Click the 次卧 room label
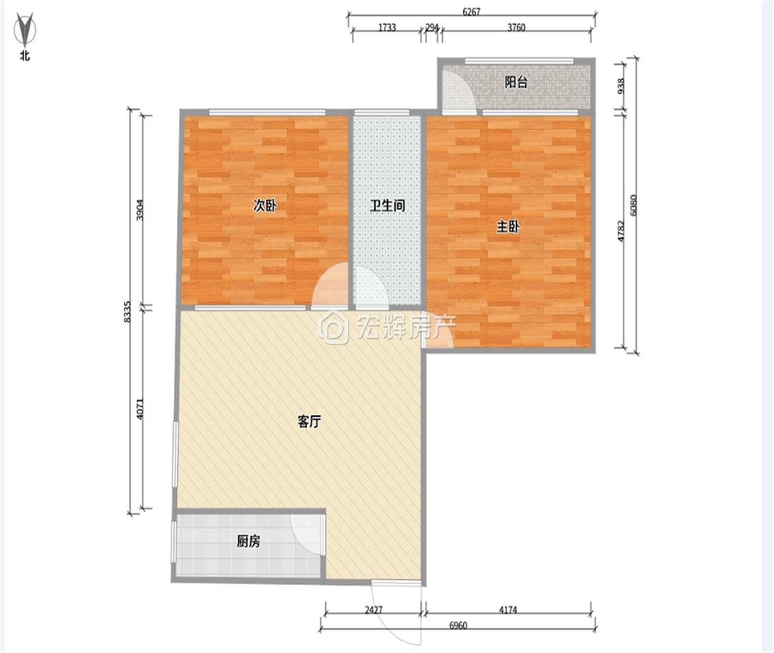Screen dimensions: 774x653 point(265,205)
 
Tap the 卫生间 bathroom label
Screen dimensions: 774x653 point(388,205)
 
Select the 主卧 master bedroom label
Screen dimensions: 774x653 point(508,227)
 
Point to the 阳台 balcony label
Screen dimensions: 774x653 point(516,82)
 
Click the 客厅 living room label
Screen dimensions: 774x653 point(310,422)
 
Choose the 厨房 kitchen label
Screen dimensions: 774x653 point(248,542)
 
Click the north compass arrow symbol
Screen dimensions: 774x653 point(24,30)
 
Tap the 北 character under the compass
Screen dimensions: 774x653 point(25,56)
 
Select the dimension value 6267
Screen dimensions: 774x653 point(471,12)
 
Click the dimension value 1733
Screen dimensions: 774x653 point(387,28)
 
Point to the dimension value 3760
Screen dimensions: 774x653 point(516,28)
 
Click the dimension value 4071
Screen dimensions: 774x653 point(140,409)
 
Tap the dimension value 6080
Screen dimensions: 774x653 point(634,205)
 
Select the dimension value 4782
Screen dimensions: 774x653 point(621,231)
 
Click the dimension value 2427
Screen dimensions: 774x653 point(374,610)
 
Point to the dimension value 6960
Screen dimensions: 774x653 point(458,626)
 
